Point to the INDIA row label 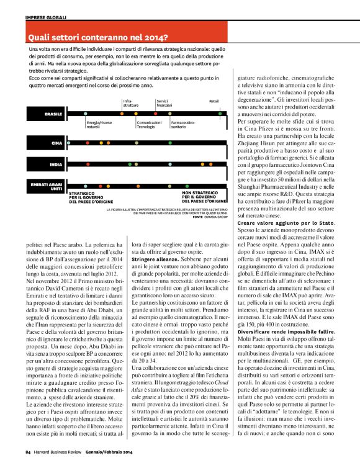tap(55, 164)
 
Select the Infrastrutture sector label tap(131, 102)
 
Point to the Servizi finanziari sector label tap(164, 102)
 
